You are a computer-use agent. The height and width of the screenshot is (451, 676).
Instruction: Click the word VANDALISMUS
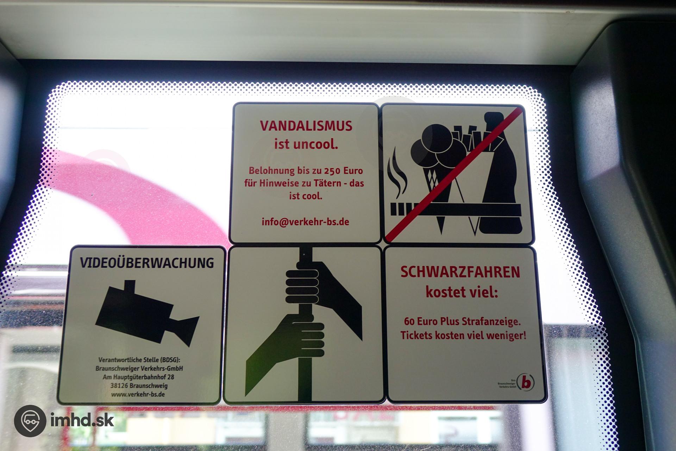[306, 125]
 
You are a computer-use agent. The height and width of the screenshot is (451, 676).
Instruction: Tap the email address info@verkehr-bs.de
[305, 222]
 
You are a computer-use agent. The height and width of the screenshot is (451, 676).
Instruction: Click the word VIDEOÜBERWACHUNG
[147, 263]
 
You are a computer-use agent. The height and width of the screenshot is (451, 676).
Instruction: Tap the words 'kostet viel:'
[462, 292]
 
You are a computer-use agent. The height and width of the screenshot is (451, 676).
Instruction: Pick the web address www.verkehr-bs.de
[138, 394]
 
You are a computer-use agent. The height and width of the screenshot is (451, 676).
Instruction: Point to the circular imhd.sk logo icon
[30, 421]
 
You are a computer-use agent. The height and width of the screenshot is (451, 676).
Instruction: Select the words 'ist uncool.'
[306, 144]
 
